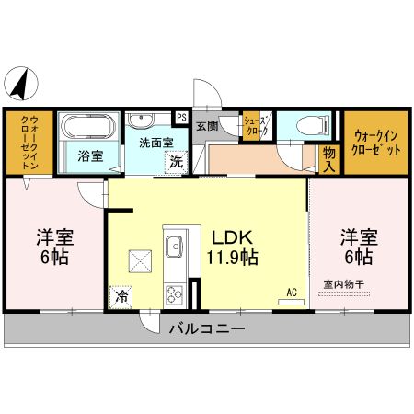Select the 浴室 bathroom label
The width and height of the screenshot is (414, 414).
(x=89, y=156)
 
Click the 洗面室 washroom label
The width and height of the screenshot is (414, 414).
(x=155, y=144)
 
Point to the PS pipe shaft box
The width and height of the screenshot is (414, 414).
(x=181, y=118)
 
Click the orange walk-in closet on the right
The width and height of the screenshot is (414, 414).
(x=376, y=143)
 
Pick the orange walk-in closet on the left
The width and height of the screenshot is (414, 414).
(x=28, y=143)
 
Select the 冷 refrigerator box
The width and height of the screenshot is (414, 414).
(x=121, y=296)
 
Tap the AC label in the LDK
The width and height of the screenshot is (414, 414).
(x=291, y=293)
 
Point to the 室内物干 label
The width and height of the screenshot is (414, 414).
(x=343, y=285)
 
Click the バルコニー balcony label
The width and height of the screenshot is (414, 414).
(x=207, y=328)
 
